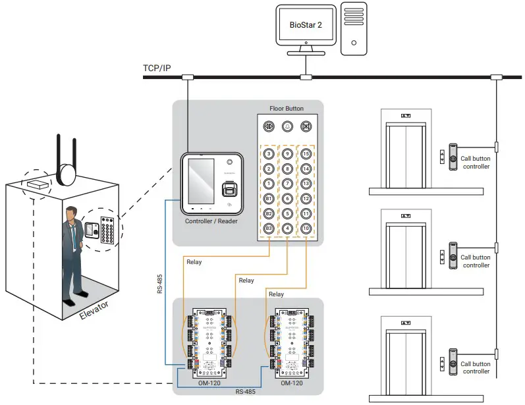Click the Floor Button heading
pyautogui.click(x=287, y=108)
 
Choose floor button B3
pyautogui.click(x=269, y=229)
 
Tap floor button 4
pyautogui.click(x=287, y=229)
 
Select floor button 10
pyautogui.click(x=306, y=229)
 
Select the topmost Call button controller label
pyautogui.click(x=475, y=163)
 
